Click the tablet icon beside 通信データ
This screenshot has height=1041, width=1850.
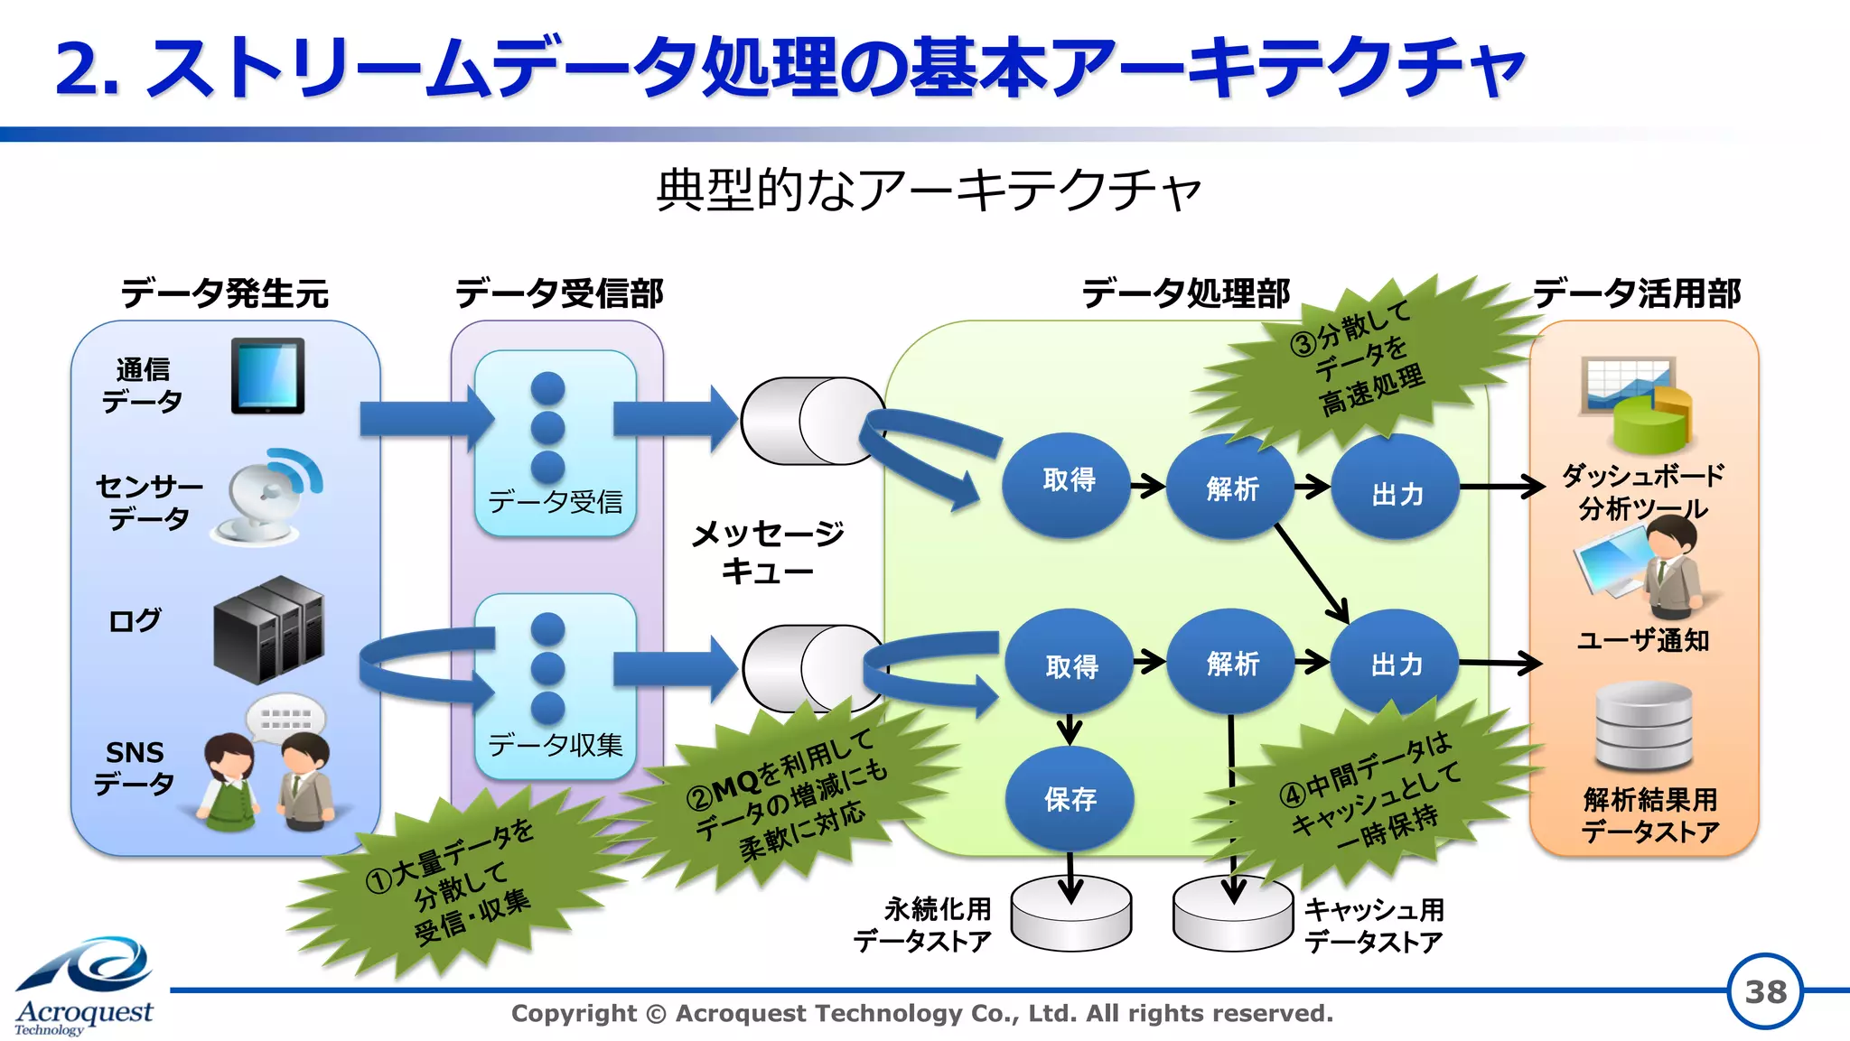coord(267,376)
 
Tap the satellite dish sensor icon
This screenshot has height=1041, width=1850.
coord(268,497)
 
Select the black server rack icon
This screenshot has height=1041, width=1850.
coord(268,629)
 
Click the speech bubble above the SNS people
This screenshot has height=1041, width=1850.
coord(285,718)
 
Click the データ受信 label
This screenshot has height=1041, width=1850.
coord(556,501)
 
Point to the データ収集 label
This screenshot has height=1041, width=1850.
coord(556,744)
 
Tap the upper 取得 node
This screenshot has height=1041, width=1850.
coord(1068,481)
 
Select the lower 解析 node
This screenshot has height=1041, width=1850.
coord(1232,664)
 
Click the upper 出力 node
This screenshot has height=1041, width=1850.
coord(1397,493)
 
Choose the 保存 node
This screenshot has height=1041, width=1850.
coord(1070,798)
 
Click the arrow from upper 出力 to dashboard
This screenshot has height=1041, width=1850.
coord(1501,487)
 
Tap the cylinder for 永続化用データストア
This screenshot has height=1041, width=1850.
coord(1070,914)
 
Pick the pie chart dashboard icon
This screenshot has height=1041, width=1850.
coord(1637,403)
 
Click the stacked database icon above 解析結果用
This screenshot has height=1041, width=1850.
coord(1643,726)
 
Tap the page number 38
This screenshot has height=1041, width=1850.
coord(1764,991)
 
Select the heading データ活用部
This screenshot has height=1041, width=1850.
coord(1636,293)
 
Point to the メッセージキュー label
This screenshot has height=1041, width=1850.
coord(767,552)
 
